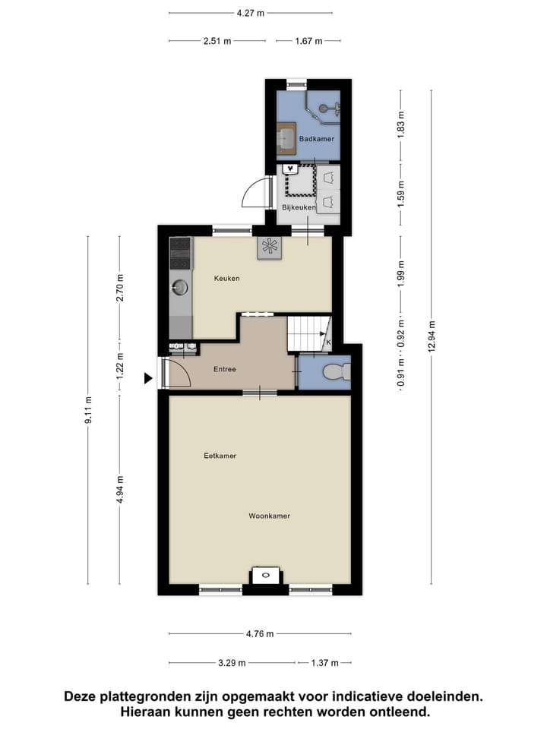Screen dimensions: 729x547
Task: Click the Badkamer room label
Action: (x=317, y=139)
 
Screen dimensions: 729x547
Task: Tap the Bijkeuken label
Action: (x=299, y=207)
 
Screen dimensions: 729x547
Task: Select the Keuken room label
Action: (x=226, y=279)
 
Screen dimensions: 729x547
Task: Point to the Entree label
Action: (x=224, y=370)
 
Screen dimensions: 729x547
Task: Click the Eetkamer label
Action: (x=220, y=456)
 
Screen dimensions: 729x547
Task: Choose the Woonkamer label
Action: (x=270, y=516)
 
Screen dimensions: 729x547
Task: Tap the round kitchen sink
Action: (x=180, y=287)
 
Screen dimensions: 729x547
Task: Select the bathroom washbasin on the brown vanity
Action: (x=286, y=138)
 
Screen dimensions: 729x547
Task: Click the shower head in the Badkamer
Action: (x=327, y=109)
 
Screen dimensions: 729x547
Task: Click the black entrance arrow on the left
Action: (x=149, y=377)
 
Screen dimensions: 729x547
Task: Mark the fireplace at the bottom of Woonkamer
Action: (x=265, y=576)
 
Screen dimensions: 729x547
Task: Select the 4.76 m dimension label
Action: (x=260, y=634)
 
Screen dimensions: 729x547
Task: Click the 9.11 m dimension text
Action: (x=88, y=410)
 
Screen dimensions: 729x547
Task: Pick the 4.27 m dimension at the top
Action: (x=250, y=13)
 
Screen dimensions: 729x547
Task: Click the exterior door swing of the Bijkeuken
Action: (x=256, y=193)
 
